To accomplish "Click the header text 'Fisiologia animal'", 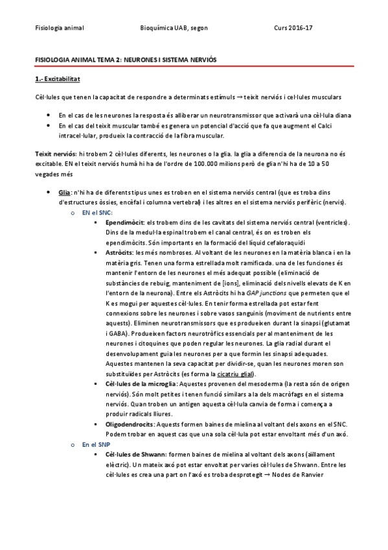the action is (x=59, y=28).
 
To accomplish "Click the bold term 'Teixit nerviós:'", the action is (x=55, y=153).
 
